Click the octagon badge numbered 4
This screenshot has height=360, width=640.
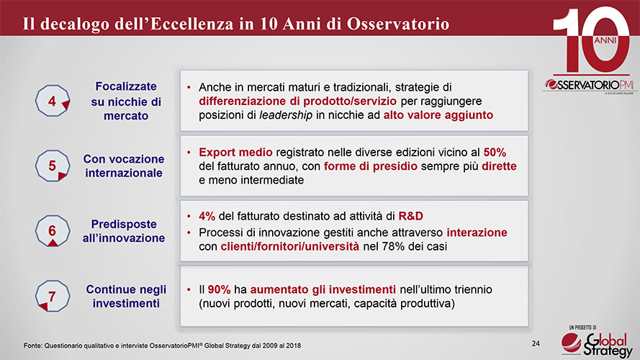pos(53,101)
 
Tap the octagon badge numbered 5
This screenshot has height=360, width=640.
pos(53,166)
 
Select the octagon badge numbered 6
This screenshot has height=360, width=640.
pos(53,231)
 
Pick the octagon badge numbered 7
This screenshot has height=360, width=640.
pos(53,296)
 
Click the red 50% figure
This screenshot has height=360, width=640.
pos(495,152)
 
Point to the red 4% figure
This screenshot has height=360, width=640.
pos(207,216)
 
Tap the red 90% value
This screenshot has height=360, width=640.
pos(219,289)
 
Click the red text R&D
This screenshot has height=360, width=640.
pos(410,216)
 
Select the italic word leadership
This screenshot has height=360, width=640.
pos(286,115)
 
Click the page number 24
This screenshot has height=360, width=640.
pos(536,343)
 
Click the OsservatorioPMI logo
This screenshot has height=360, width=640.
pos(588,85)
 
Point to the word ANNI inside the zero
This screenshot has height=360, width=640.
pos(605,40)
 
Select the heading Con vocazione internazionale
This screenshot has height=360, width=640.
pos(124,166)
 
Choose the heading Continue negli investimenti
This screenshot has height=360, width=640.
pos(126,297)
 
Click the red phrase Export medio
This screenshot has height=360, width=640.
pos(235,152)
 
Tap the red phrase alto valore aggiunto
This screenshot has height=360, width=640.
pos(438,115)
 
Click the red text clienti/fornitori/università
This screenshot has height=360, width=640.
pos(290,246)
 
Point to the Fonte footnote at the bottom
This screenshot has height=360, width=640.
pos(162,346)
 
